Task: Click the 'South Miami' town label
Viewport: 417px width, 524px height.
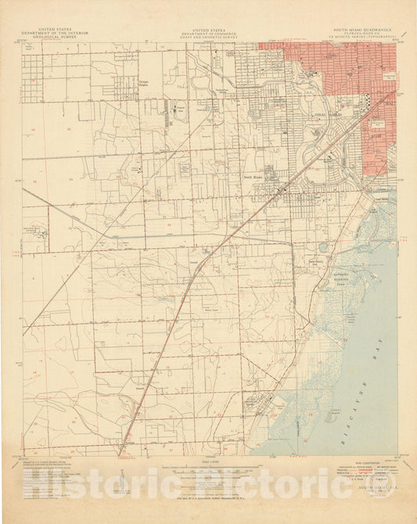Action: point(255,176)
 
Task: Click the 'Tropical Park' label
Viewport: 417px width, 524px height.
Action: point(180,107)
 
